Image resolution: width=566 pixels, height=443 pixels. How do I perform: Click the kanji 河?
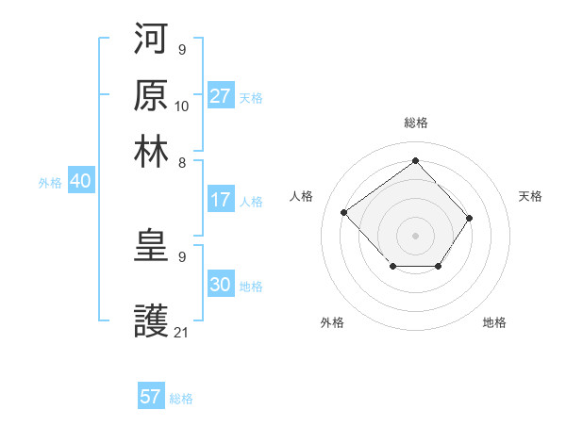coord(151,39)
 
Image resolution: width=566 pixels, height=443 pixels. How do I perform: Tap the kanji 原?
coord(151,94)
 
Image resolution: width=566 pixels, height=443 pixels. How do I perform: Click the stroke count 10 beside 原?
coord(182,106)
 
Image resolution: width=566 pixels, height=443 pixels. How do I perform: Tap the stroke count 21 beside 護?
coord(182,333)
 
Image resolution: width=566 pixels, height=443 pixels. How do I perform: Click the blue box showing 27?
coord(221,96)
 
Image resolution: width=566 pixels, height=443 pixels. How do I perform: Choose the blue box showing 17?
coord(221,200)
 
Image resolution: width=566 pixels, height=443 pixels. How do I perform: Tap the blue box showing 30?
coord(221,285)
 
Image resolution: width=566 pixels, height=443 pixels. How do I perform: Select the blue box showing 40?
coord(80,182)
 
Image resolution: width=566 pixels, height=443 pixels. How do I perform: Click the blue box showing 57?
coord(150,397)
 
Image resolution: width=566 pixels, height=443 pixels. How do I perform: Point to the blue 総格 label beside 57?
coord(181,399)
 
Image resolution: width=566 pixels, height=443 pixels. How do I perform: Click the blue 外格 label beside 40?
coord(50,183)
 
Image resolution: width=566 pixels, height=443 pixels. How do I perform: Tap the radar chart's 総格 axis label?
coord(415,123)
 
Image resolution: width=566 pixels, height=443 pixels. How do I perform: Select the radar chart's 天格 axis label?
coord(531,196)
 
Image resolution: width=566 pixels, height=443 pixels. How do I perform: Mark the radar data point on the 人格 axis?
coord(344,212)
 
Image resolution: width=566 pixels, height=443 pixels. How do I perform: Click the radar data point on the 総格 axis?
coord(415,160)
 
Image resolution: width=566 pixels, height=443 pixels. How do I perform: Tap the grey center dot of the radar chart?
coord(415,235)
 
